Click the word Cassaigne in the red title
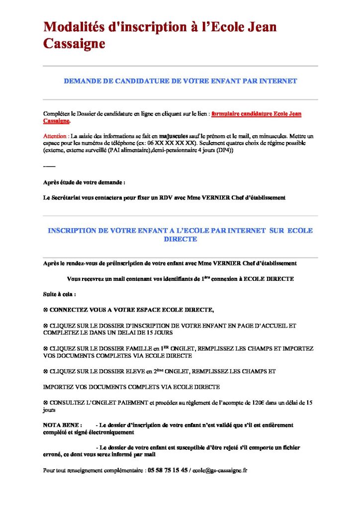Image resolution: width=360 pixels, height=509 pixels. pos(75,44)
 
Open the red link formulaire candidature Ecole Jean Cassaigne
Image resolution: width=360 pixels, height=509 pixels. pos(256,114)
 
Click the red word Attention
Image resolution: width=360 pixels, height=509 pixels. pos(55,136)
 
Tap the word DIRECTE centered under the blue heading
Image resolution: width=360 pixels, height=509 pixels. pos(180,239)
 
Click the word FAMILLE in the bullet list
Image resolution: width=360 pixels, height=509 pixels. pos(133,349)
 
